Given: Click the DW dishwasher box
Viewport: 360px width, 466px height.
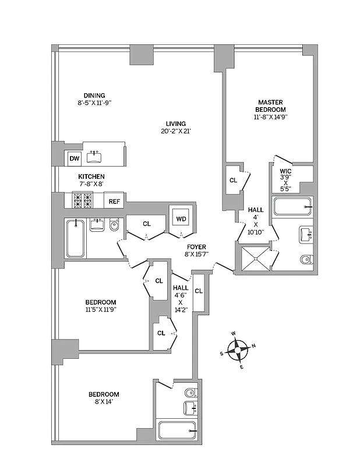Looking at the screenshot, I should click(74, 158).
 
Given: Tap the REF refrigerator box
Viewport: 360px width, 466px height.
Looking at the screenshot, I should click(114, 202).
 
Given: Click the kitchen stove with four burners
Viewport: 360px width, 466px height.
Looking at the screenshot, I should click(83, 200).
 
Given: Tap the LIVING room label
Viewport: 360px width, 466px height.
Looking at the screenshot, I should click(175, 123).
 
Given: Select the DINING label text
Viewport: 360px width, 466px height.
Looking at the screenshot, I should click(94, 96).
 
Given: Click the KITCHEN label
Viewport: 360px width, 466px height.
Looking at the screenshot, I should click(91, 176).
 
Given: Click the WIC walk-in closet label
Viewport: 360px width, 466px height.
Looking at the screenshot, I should click(285, 172).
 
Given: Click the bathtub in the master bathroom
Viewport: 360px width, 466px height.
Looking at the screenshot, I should click(293, 207).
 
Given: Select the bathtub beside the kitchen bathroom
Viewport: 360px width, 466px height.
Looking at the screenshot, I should click(75, 238).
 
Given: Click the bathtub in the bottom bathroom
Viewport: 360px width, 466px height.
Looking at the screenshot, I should click(178, 431).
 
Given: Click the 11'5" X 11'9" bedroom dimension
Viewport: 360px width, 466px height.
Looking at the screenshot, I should click(101, 310).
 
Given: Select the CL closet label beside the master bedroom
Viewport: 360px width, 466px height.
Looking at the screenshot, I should click(233, 181).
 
